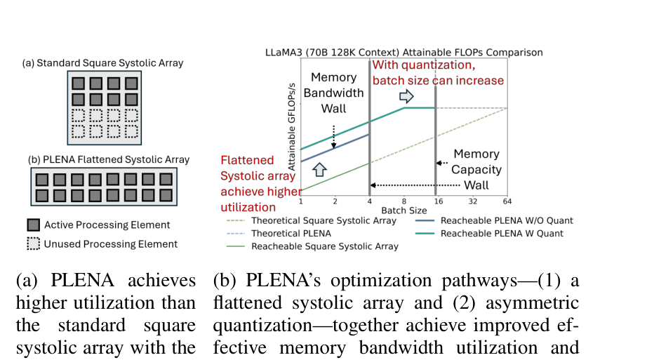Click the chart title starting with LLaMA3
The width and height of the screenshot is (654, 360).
pos(403,53)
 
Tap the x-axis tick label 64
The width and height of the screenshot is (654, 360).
pos(507,201)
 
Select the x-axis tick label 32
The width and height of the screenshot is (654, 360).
pos(472,201)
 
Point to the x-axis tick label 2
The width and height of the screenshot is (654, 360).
pos(335,201)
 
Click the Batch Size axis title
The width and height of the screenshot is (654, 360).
pos(403,211)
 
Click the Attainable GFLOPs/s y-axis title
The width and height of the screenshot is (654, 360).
pos(291,127)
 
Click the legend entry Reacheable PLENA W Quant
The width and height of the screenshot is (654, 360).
pos(489,233)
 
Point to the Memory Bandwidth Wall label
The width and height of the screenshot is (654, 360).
pos(333,93)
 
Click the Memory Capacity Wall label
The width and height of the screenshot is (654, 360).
pos(476,169)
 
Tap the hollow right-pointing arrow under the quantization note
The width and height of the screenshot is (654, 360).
pos(406,96)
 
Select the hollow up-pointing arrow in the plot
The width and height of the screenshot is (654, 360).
pos(319,169)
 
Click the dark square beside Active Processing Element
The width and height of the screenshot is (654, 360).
pos(34,225)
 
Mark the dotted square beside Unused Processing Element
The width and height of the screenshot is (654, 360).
pos(34,244)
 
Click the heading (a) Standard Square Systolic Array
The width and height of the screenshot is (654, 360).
pos(102,63)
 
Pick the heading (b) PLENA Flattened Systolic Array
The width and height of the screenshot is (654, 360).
pos(109,160)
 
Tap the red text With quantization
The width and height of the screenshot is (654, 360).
pos(423,65)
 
